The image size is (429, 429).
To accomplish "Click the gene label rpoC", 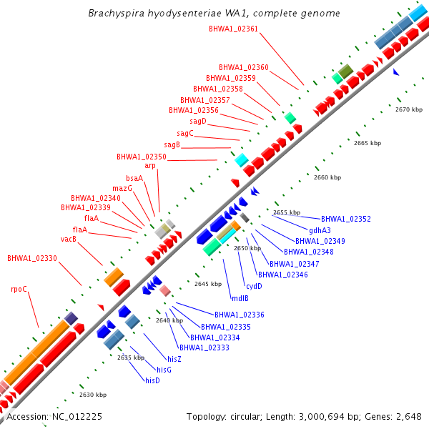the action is [19, 289].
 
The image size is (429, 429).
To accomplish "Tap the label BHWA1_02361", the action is [234, 29].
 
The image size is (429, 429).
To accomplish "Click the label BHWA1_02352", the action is [345, 219].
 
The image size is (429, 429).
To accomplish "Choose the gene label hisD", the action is [152, 380].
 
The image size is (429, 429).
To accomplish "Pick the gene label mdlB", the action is [240, 297].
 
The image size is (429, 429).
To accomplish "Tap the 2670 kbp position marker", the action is [410, 109].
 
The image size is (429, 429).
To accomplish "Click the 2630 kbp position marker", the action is [93, 395].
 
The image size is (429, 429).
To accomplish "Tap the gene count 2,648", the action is [409, 416].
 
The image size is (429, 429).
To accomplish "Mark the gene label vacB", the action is [68, 239].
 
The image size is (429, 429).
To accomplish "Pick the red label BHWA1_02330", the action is [32, 258].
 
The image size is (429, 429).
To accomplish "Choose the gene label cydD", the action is [254, 286].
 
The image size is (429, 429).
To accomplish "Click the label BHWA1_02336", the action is [240, 315].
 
